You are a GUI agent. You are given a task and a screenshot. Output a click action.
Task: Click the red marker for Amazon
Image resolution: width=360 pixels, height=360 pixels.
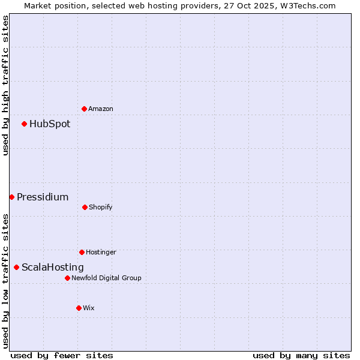coord(84,109)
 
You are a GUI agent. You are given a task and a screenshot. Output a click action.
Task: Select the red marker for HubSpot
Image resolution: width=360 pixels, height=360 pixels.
coord(24,124)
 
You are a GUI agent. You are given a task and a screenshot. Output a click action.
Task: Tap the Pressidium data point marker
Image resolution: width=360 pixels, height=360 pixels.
coord(11,197)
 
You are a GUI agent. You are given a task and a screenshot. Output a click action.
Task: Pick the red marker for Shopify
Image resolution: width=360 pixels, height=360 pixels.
coord(85,207)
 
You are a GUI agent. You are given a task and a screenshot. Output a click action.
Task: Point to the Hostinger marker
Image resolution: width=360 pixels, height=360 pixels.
coord(82,252)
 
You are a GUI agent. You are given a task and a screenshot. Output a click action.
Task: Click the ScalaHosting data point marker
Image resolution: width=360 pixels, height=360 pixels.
coord(16,267)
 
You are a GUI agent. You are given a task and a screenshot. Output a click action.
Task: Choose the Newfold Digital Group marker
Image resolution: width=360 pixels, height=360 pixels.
coord(67,278)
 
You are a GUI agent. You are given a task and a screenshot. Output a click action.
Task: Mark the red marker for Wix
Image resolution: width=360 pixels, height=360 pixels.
coord(79,308)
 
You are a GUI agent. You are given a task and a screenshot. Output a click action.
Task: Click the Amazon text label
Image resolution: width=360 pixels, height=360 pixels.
coord(101,109)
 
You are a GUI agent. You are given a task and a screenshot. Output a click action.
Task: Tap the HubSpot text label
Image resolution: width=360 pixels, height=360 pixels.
coord(50,124)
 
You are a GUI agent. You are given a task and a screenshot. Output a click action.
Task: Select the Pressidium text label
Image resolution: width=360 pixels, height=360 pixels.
coord(43,197)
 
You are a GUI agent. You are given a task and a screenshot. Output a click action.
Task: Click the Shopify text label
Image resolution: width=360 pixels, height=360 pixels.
coord(101,207)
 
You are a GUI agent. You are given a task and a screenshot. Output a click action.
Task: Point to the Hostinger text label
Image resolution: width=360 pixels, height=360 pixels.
coord(101,252)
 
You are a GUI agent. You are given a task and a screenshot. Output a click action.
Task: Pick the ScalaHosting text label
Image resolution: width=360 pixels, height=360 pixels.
coord(53,267)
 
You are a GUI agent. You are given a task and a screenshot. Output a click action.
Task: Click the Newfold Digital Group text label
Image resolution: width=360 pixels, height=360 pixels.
coord(106,278)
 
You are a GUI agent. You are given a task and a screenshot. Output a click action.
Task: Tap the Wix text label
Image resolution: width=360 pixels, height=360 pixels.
coord(89,308)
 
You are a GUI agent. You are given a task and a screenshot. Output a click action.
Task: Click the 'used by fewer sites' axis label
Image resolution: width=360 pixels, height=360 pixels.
coord(62,355)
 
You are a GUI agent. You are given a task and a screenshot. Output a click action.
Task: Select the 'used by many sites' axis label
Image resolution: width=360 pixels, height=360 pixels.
coord(301,355)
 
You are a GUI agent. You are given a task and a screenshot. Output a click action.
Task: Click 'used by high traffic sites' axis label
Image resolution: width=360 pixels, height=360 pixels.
coord(5,85)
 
